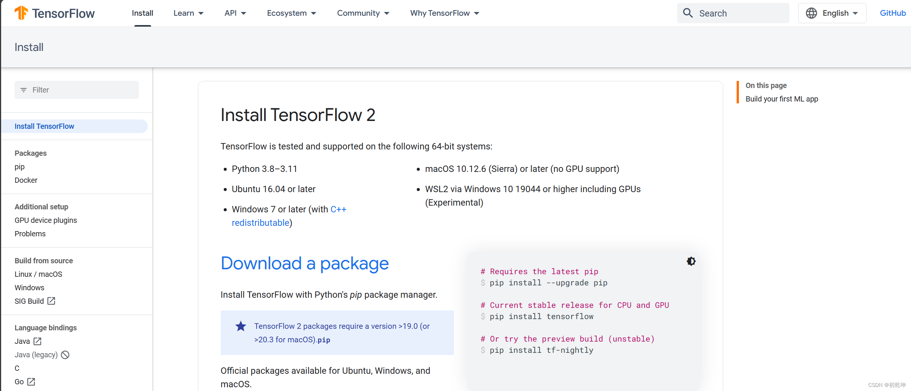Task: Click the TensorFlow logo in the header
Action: pyautogui.click(x=55, y=13)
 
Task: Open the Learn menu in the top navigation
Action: pyautogui.click(x=188, y=13)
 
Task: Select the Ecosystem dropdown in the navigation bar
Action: pyautogui.click(x=291, y=13)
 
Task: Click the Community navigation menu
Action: pyautogui.click(x=363, y=13)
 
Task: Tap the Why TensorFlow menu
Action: pyautogui.click(x=444, y=13)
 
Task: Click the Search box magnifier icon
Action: pyautogui.click(x=688, y=13)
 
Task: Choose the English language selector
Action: pyautogui.click(x=832, y=13)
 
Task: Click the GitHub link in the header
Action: pyautogui.click(x=893, y=13)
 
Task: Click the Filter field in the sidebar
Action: pyautogui.click(x=77, y=90)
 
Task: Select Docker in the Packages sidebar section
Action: pyautogui.click(x=26, y=180)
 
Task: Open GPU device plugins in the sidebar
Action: pyautogui.click(x=46, y=220)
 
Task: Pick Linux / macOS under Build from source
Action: pyautogui.click(x=38, y=274)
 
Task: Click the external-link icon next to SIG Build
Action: pyautogui.click(x=51, y=301)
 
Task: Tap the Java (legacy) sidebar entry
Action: pyautogui.click(x=36, y=355)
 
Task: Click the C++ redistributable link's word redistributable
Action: pyautogui.click(x=260, y=223)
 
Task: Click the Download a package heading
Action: pyautogui.click(x=305, y=263)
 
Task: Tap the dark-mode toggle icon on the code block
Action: pyautogui.click(x=691, y=261)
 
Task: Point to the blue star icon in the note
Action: pyautogui.click(x=241, y=326)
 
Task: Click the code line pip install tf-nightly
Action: pyautogui.click(x=541, y=350)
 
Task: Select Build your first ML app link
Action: pyautogui.click(x=782, y=99)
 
